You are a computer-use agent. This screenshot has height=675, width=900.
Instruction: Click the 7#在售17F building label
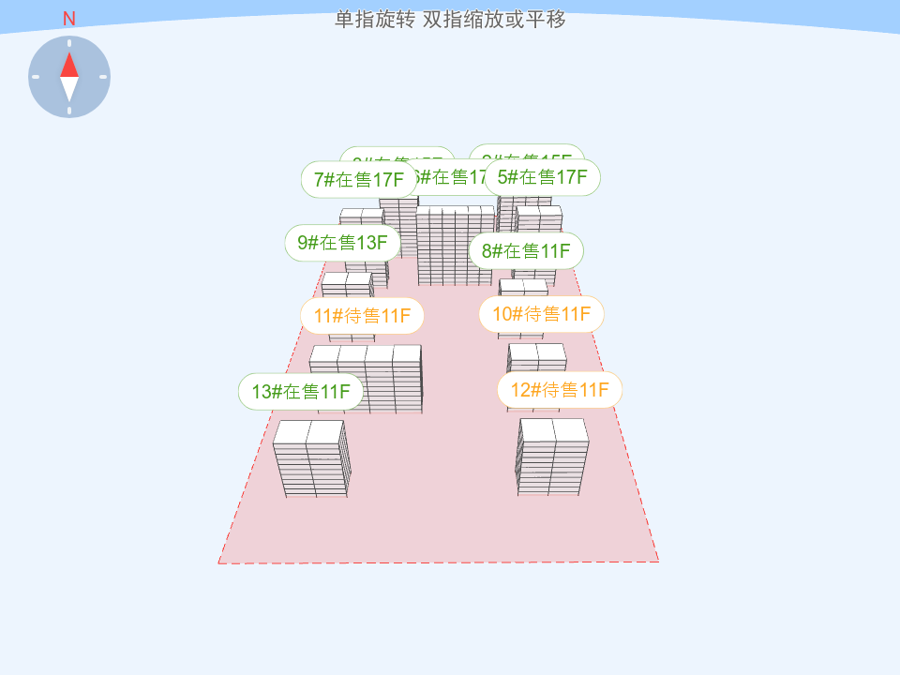tap(359, 180)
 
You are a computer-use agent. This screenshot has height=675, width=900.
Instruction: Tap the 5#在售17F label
tap(542, 177)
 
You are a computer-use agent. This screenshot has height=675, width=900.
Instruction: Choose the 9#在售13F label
tap(342, 243)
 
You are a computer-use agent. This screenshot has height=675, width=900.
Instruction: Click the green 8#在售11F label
tap(526, 250)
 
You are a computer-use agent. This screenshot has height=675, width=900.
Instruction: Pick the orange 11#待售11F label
tap(362, 316)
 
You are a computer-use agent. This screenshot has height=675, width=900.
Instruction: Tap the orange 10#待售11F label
tap(541, 314)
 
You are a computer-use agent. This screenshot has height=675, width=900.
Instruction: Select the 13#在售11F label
tap(300, 391)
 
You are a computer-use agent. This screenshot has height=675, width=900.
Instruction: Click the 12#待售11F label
tap(560, 390)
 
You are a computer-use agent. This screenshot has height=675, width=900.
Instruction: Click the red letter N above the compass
tap(69, 19)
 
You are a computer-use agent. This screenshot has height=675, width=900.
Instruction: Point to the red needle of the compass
tap(69, 65)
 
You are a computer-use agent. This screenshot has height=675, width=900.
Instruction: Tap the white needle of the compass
tap(69, 89)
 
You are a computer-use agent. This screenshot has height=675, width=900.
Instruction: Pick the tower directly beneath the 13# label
tap(311, 459)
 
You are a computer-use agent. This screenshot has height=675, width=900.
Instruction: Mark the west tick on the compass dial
tap(36, 77)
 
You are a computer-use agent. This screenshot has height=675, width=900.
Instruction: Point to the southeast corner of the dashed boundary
tap(658, 561)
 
